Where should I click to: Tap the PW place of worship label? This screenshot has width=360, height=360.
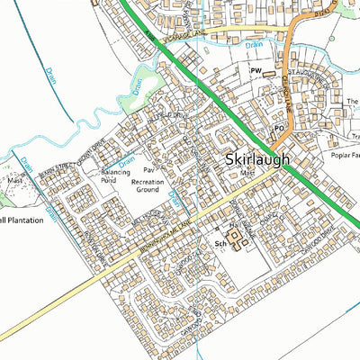(256, 69)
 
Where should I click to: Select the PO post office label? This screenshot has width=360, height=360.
(279, 129)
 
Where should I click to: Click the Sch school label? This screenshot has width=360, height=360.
(219, 243)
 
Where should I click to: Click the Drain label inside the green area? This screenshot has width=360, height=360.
(139, 87)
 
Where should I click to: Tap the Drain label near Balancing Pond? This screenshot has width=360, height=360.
(128, 161)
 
